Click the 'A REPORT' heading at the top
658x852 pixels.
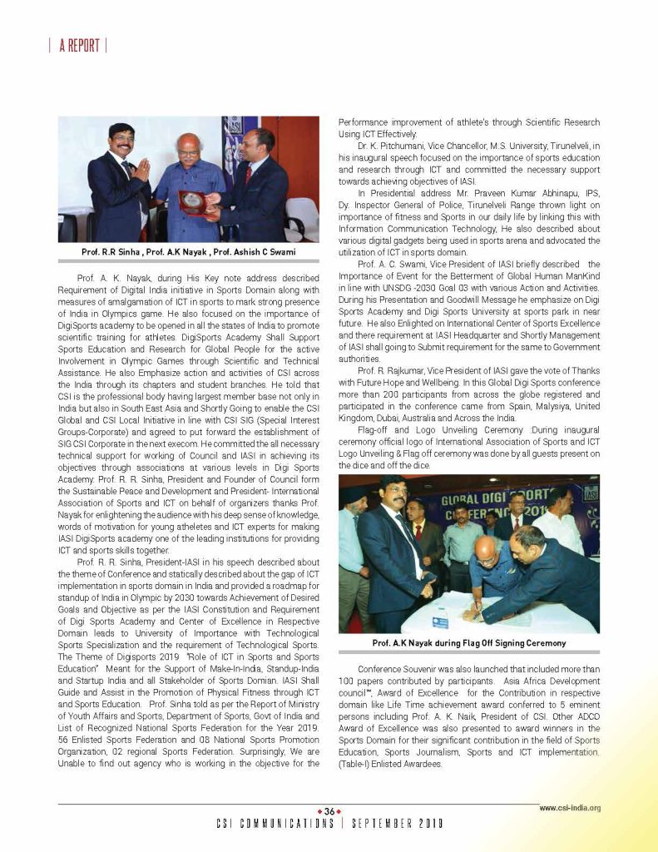[x=78, y=46]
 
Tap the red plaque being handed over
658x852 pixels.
[x=194, y=201]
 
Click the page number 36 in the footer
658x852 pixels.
[x=329, y=811]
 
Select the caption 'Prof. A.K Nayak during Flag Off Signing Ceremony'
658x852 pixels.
[x=468, y=643]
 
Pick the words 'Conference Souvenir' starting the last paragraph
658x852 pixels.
[x=394, y=669]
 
